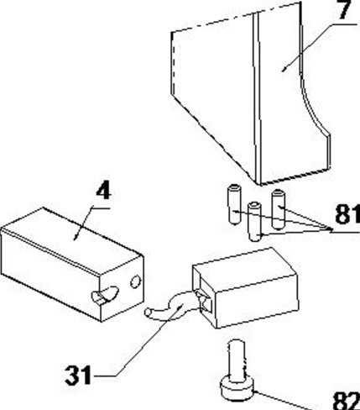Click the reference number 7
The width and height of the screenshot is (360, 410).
click(x=345, y=10)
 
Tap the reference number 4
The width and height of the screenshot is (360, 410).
click(x=103, y=192)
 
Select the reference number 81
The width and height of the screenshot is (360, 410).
click(x=347, y=214)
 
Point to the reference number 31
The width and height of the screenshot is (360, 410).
click(x=78, y=375)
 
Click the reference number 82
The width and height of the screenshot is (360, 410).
click(x=347, y=401)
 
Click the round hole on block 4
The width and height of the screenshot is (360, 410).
click(x=136, y=281)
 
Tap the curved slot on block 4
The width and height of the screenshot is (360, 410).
click(x=105, y=296)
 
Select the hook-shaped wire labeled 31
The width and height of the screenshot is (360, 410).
click(x=170, y=306)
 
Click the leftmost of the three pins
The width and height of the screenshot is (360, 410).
click(x=234, y=204)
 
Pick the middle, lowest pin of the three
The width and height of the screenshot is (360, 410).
click(x=255, y=221)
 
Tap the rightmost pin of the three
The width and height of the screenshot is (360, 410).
click(x=278, y=209)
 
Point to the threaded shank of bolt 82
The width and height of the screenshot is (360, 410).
click(x=237, y=359)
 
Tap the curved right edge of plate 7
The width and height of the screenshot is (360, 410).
click(x=313, y=108)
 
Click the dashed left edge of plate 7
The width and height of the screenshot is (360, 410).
click(x=172, y=63)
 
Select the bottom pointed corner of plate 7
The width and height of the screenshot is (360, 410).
click(x=258, y=184)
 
